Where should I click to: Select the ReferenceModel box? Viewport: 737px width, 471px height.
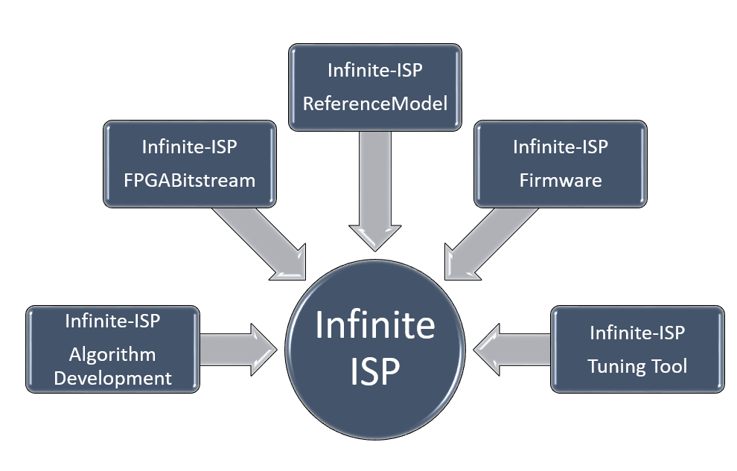click(x=375, y=87)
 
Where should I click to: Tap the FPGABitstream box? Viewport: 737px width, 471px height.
click(x=189, y=164)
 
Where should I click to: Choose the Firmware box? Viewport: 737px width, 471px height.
click(x=560, y=164)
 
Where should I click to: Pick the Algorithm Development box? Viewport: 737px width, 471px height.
click(x=112, y=349)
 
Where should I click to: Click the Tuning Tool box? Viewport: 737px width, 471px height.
click(x=636, y=349)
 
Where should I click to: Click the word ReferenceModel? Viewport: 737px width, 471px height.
click(x=375, y=103)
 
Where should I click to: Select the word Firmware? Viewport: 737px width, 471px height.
click(x=560, y=180)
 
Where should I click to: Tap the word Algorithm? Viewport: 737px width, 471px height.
click(x=112, y=353)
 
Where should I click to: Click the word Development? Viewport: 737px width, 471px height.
click(x=112, y=377)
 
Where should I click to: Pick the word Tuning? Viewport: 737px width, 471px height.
click(x=615, y=366)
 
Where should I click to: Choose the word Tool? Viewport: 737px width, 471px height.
click(x=668, y=366)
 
